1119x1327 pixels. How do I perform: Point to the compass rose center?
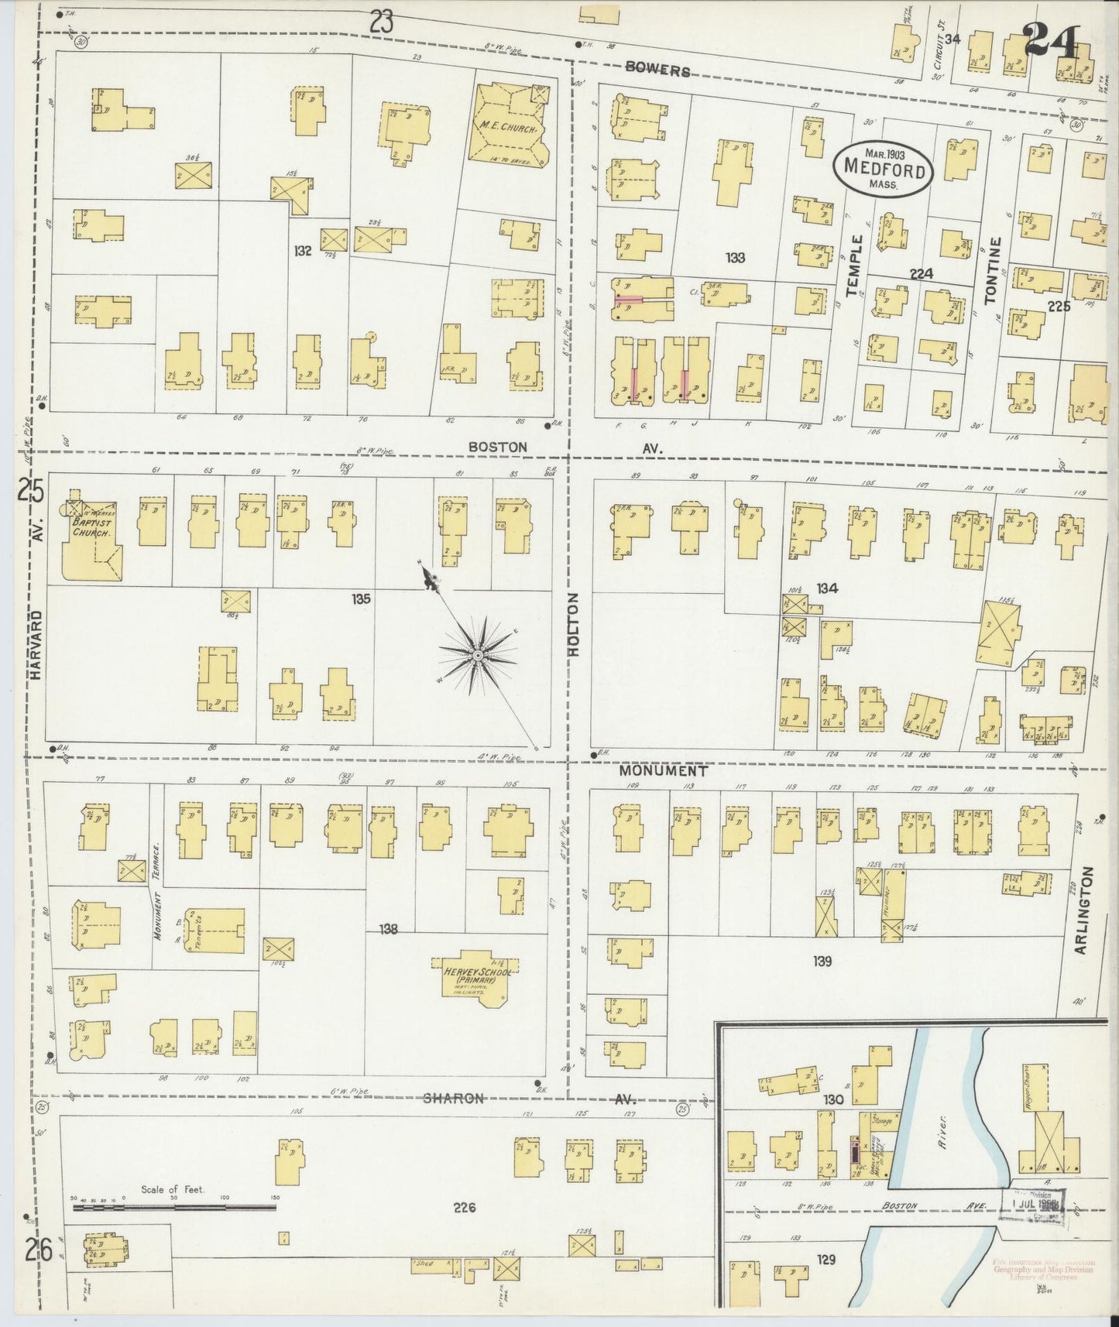point(478,656)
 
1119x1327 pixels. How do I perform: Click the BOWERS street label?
point(657,70)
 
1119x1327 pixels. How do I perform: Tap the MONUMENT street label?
point(663,771)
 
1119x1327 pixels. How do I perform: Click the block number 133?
point(735,258)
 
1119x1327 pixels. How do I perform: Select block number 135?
point(361,598)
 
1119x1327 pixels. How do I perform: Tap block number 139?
point(822,962)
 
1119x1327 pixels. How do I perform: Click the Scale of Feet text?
point(172,1189)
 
